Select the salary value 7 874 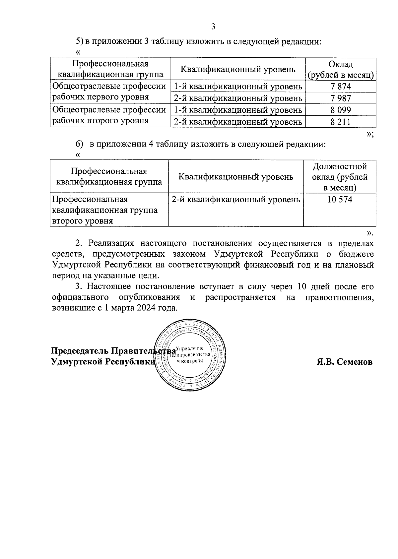[341, 87]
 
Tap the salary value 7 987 [341, 98]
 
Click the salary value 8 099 [341, 110]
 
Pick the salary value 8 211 [341, 122]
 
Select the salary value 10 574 [340, 199]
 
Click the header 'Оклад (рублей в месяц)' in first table [341, 69]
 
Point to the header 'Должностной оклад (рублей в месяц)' [340, 177]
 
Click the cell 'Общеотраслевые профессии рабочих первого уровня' [109, 92]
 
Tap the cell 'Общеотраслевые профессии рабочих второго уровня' [109, 115]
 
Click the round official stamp [190, 355]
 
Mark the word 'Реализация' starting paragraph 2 [111, 243]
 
